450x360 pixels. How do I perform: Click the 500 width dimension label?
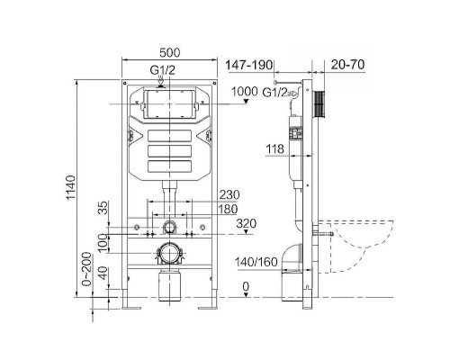pos(170,53)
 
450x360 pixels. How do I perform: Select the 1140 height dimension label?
pos(71,188)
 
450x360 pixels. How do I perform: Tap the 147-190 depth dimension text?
pos(249,65)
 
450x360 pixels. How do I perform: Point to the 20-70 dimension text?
pos(347,65)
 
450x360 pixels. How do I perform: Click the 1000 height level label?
pos(245,91)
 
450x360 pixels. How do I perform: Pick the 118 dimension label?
pos(274,148)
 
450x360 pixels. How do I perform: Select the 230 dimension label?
pos(229,195)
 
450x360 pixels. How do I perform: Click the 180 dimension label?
pos(228,209)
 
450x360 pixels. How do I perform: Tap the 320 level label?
pos(247,223)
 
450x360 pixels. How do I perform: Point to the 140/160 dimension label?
pos(256,262)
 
